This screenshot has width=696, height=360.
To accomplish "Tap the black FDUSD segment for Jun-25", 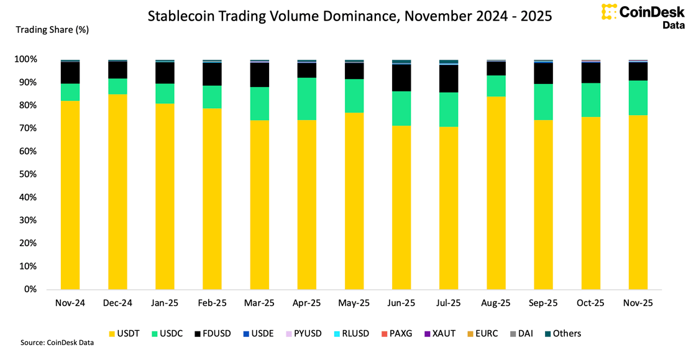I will (401, 78).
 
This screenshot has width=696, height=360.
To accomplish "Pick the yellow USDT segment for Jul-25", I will (449, 208).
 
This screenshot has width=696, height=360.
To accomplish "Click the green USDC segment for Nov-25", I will (638, 98).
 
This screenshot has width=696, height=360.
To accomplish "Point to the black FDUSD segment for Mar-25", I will (259, 75).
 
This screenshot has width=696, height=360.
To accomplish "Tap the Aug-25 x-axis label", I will (496, 303).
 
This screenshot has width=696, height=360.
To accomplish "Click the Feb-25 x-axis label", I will (212, 303).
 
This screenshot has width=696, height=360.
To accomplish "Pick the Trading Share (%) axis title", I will (52, 30).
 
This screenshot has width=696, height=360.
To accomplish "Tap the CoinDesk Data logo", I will (643, 16).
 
